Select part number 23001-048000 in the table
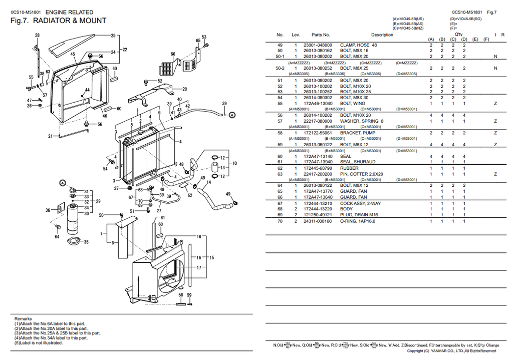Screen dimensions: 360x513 coord(318,45)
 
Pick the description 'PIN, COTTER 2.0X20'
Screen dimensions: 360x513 coord(361,174)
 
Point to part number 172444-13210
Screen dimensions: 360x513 coord(318,203)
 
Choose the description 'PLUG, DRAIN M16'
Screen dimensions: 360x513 coord(359,215)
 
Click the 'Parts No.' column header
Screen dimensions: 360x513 coord(321,35)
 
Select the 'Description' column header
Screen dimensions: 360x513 coord(382,35)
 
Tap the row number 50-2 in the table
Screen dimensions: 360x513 coord(280,68)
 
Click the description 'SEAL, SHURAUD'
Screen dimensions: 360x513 coord(358,162)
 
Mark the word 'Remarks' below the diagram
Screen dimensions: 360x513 coord(23,318)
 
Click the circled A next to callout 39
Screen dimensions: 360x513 coord(232,115)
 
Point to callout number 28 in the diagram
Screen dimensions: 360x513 coord(38,35)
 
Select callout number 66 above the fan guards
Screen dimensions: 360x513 coord(173,54)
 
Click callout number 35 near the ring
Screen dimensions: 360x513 coord(86,242)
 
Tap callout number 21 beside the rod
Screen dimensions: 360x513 coord(50,136)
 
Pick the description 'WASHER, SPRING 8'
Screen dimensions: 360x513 coord(362,121)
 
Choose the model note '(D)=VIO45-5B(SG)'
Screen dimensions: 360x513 coord(466,19)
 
